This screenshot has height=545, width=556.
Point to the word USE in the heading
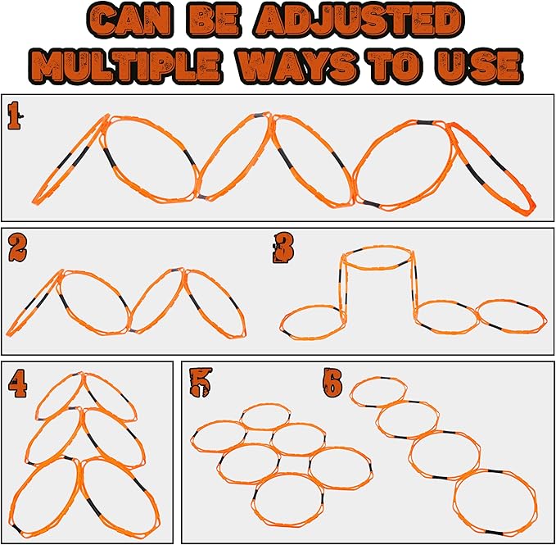point(479,66)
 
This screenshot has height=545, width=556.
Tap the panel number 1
point(14,116)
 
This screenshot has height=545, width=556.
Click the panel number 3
point(283,248)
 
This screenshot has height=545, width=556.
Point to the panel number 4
point(18,384)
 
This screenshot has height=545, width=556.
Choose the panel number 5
point(201,382)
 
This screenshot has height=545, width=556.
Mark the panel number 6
point(332,384)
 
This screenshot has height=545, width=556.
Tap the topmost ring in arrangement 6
point(378,379)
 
